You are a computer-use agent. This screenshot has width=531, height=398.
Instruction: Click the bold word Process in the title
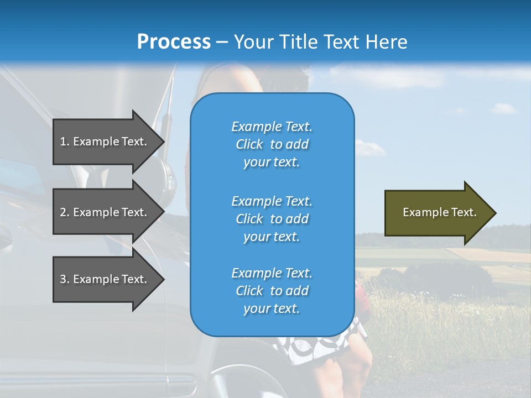[x=174, y=42]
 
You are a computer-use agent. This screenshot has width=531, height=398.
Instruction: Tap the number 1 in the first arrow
[x=63, y=142]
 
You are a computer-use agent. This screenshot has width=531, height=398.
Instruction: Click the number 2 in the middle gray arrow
[x=63, y=212]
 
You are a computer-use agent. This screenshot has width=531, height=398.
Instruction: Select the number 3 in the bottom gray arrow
[x=63, y=279]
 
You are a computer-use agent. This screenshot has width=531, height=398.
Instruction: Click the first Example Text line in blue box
[x=272, y=127]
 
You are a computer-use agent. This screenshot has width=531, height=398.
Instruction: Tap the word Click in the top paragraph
[x=249, y=145]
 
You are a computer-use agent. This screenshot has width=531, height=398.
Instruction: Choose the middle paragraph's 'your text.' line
[x=272, y=237]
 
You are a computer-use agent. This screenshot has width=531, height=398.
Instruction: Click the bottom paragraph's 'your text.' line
[x=272, y=308]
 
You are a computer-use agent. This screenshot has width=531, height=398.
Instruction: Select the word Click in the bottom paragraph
[x=249, y=291]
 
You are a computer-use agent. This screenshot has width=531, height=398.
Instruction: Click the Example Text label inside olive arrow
[x=439, y=212]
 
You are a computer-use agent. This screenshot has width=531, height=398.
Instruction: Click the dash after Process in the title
[x=222, y=42]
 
